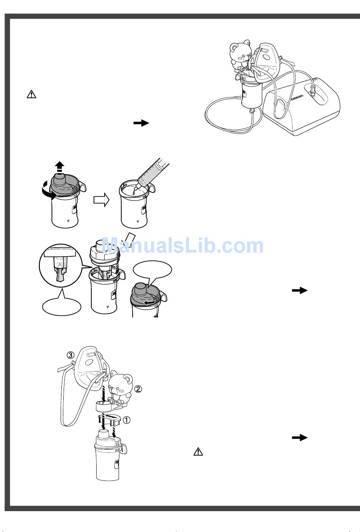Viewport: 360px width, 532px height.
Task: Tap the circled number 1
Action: (127, 420)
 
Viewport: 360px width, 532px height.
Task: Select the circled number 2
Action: (138, 389)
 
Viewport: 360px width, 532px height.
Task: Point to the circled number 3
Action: (70, 355)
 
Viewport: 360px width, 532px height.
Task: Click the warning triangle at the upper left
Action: (31, 94)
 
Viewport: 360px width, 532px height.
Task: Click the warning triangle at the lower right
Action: (198, 452)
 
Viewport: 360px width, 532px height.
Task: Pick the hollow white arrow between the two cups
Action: (101, 200)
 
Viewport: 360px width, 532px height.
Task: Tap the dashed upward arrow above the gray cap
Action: (59, 168)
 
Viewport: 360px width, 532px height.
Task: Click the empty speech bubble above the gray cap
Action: (152, 271)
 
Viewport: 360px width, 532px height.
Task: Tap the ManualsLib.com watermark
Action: (183, 246)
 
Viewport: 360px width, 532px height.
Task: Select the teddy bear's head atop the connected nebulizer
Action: (240, 51)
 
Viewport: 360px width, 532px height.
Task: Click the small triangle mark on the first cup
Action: (68, 221)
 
